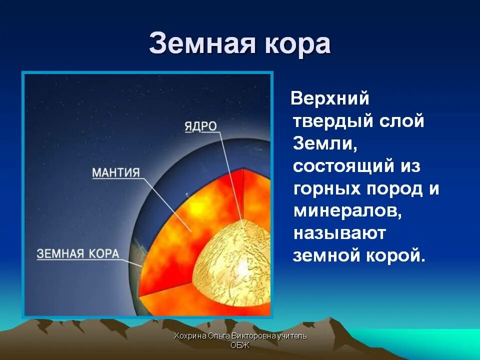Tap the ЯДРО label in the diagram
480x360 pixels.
click(201, 126)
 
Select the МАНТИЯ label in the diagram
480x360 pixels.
click(115, 173)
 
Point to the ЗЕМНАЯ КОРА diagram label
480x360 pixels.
click(78, 254)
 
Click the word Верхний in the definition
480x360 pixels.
click(329, 98)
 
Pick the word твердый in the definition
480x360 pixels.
click(333, 120)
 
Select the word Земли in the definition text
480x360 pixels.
click(325, 143)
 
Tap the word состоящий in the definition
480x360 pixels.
click(343, 166)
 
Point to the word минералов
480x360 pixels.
click(347, 211)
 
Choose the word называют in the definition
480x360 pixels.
click(339, 233)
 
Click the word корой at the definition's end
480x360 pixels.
click(396, 255)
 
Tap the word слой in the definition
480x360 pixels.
click(401, 121)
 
